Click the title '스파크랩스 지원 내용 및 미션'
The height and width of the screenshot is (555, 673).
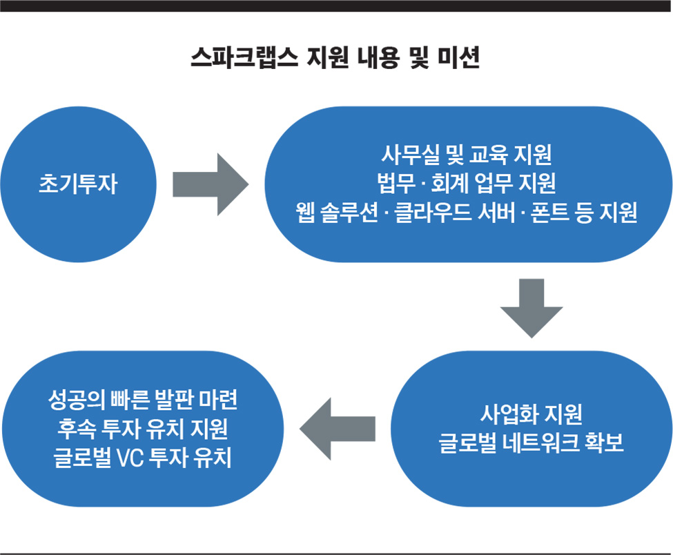tap(335, 57)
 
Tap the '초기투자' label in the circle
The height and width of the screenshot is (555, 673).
tap(78, 184)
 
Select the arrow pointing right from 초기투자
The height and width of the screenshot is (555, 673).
tap(211, 184)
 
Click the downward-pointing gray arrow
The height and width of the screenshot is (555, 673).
tap(531, 308)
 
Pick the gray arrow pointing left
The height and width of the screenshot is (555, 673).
tap(338, 429)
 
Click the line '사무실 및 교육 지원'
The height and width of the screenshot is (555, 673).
tap(467, 155)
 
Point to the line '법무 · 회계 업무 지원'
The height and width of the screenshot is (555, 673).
tap(467, 184)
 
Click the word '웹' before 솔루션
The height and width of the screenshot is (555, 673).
tap(305, 212)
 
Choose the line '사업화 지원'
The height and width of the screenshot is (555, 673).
tap(531, 413)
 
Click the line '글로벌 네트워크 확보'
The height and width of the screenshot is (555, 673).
tap(531, 443)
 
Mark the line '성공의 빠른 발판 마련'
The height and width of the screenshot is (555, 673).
tap(142, 400)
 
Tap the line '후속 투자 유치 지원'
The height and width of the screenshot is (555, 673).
tap(142, 429)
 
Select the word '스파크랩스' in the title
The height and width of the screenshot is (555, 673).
tap(244, 57)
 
